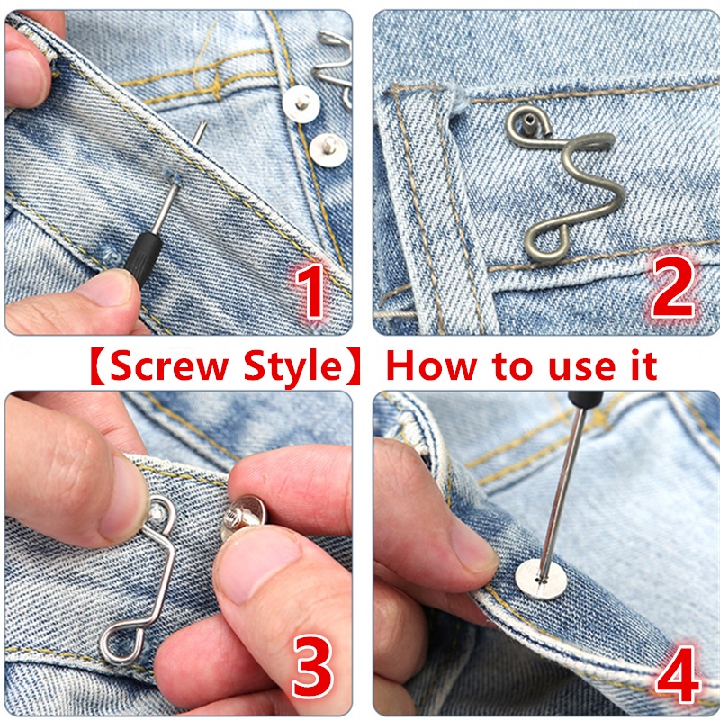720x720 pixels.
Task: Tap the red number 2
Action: tap(672, 285)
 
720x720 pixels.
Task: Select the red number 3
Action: tap(312, 666)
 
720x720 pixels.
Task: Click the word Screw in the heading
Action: tap(169, 366)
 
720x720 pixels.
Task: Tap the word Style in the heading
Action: tap(293, 367)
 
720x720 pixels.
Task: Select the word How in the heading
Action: tap(432, 365)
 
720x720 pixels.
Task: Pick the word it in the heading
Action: tap(643, 365)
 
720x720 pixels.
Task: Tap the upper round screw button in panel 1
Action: tap(301, 104)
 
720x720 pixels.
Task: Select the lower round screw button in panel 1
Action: tap(328, 150)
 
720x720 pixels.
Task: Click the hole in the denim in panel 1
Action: tap(172, 175)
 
